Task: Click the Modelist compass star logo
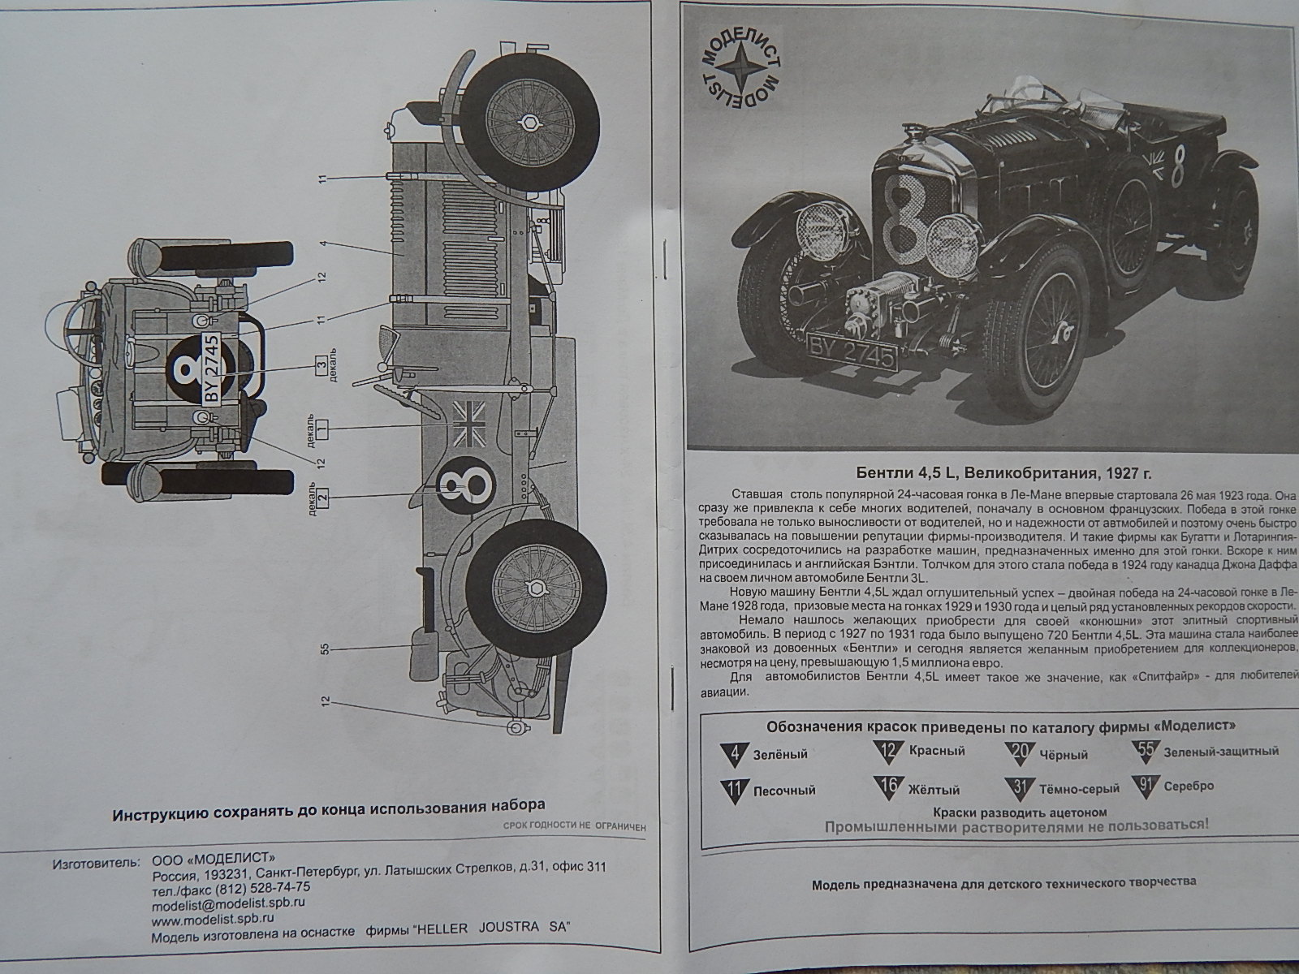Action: (x=739, y=70)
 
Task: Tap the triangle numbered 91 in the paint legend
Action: (x=1146, y=787)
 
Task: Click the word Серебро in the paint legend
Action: (x=1189, y=786)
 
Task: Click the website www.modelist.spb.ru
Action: (x=212, y=919)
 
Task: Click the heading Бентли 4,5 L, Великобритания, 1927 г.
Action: (x=992, y=473)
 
